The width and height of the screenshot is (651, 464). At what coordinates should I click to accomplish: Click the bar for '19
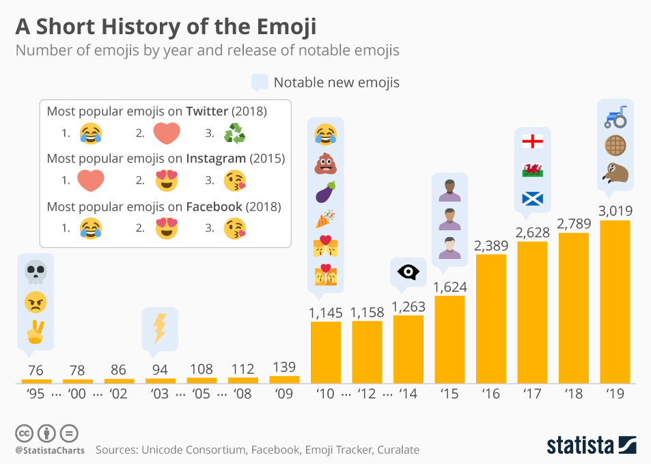pos(615,301)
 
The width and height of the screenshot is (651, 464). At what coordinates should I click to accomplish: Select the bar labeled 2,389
pos(491,318)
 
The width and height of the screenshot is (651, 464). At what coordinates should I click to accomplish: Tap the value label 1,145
pos(325,312)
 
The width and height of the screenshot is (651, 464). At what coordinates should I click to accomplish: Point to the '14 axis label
pos(408,394)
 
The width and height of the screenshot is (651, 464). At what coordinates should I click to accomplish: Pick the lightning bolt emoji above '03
pos(159,328)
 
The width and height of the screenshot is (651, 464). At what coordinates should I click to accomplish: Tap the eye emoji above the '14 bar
pos(408,273)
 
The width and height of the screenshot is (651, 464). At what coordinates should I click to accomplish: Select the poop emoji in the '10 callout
pos(325,165)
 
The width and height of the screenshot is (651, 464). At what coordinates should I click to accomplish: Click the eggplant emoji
pos(325,193)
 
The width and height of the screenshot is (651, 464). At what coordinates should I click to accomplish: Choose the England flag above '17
pos(532,141)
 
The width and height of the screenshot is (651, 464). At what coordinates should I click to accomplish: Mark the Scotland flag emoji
pos(532,198)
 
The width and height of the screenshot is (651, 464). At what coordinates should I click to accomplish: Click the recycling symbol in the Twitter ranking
pos(234,133)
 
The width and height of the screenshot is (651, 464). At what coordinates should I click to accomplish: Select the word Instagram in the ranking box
pos(217,159)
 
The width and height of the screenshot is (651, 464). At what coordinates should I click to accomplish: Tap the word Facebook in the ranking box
pos(214,206)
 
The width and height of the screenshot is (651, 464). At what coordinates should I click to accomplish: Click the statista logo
pos(590,444)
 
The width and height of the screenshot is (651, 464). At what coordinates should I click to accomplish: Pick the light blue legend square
pos(260,83)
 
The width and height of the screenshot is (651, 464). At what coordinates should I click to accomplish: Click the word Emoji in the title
pos(279,27)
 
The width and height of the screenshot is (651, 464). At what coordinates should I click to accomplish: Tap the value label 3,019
pos(615,210)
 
